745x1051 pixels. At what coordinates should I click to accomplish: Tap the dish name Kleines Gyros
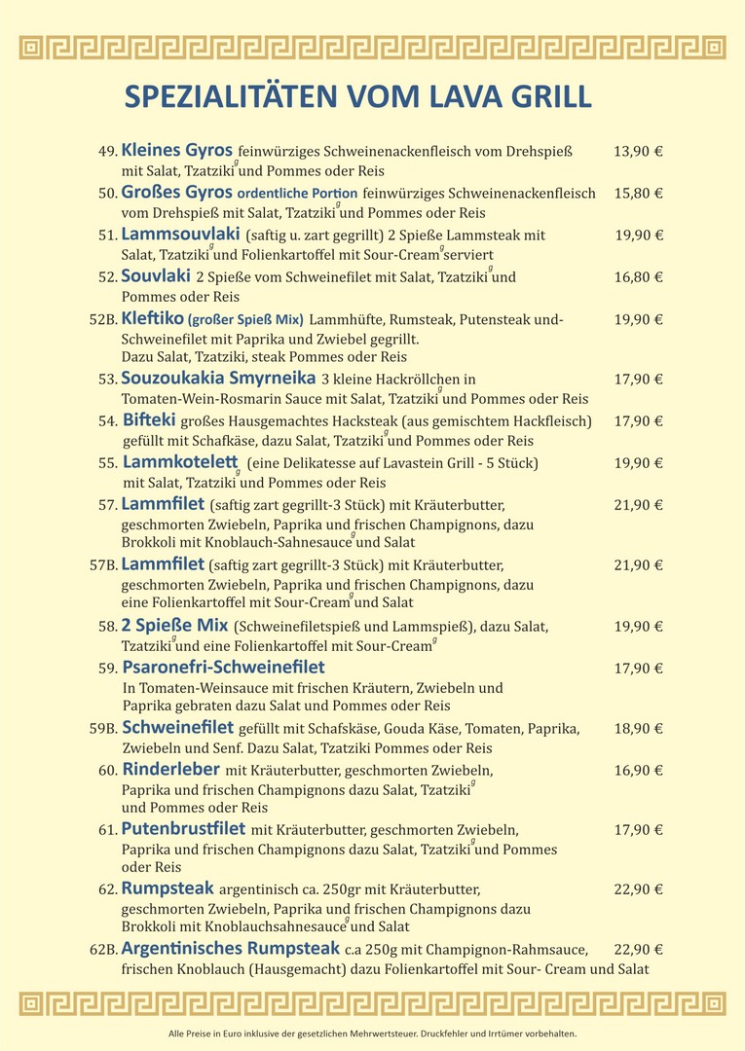tap(176, 150)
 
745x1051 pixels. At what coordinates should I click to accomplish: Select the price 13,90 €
tap(638, 151)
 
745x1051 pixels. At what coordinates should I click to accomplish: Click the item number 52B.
tap(102, 319)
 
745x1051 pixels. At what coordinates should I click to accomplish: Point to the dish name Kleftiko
tap(152, 318)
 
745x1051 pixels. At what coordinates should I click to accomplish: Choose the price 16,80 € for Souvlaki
tap(638, 277)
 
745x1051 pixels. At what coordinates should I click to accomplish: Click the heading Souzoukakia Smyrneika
tap(218, 378)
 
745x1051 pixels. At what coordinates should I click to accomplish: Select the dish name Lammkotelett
tap(180, 462)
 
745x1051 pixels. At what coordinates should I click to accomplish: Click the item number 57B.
tap(102, 565)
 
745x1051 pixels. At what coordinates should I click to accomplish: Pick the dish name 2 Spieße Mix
tap(174, 625)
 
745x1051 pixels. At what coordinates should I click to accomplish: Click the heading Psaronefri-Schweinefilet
tap(223, 668)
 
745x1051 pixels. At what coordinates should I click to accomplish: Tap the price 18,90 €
tap(638, 729)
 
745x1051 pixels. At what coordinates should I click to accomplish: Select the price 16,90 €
tap(638, 771)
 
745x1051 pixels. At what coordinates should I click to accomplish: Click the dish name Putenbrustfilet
tap(183, 829)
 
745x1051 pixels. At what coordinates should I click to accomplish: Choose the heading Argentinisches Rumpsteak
tap(230, 948)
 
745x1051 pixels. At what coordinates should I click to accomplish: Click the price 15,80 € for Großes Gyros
tap(638, 193)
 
